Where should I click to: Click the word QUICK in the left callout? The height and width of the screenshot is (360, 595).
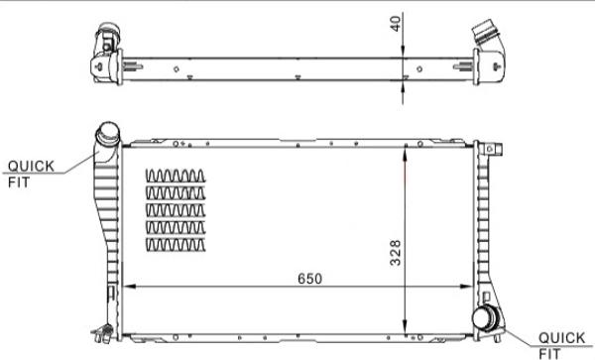32,166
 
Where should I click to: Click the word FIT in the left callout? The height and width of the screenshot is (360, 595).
19,182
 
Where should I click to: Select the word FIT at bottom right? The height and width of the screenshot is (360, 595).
549,352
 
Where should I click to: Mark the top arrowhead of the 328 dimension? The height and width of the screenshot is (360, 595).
406,152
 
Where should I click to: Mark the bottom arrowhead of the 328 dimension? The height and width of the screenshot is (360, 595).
406,328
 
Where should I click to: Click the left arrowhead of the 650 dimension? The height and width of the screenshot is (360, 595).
125,289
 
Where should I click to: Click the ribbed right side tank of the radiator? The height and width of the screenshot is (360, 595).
483,228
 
